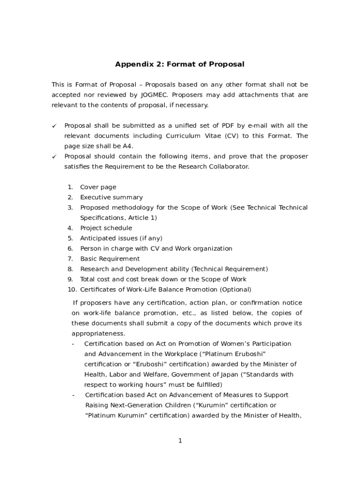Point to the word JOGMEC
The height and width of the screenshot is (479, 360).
point(155,95)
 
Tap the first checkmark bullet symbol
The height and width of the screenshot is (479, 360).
point(54,126)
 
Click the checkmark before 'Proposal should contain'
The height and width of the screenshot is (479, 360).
point(54,157)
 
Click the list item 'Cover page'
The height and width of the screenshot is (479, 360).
point(98,187)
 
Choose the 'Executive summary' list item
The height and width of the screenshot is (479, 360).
point(111,197)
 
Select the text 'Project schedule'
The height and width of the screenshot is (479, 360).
point(106,228)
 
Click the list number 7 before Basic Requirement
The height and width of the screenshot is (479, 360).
point(70,259)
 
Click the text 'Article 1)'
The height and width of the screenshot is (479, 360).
point(142,218)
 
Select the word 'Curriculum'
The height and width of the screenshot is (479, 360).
point(183,136)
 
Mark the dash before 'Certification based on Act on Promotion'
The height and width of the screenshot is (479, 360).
point(73,344)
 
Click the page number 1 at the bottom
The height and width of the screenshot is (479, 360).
point(180,441)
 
